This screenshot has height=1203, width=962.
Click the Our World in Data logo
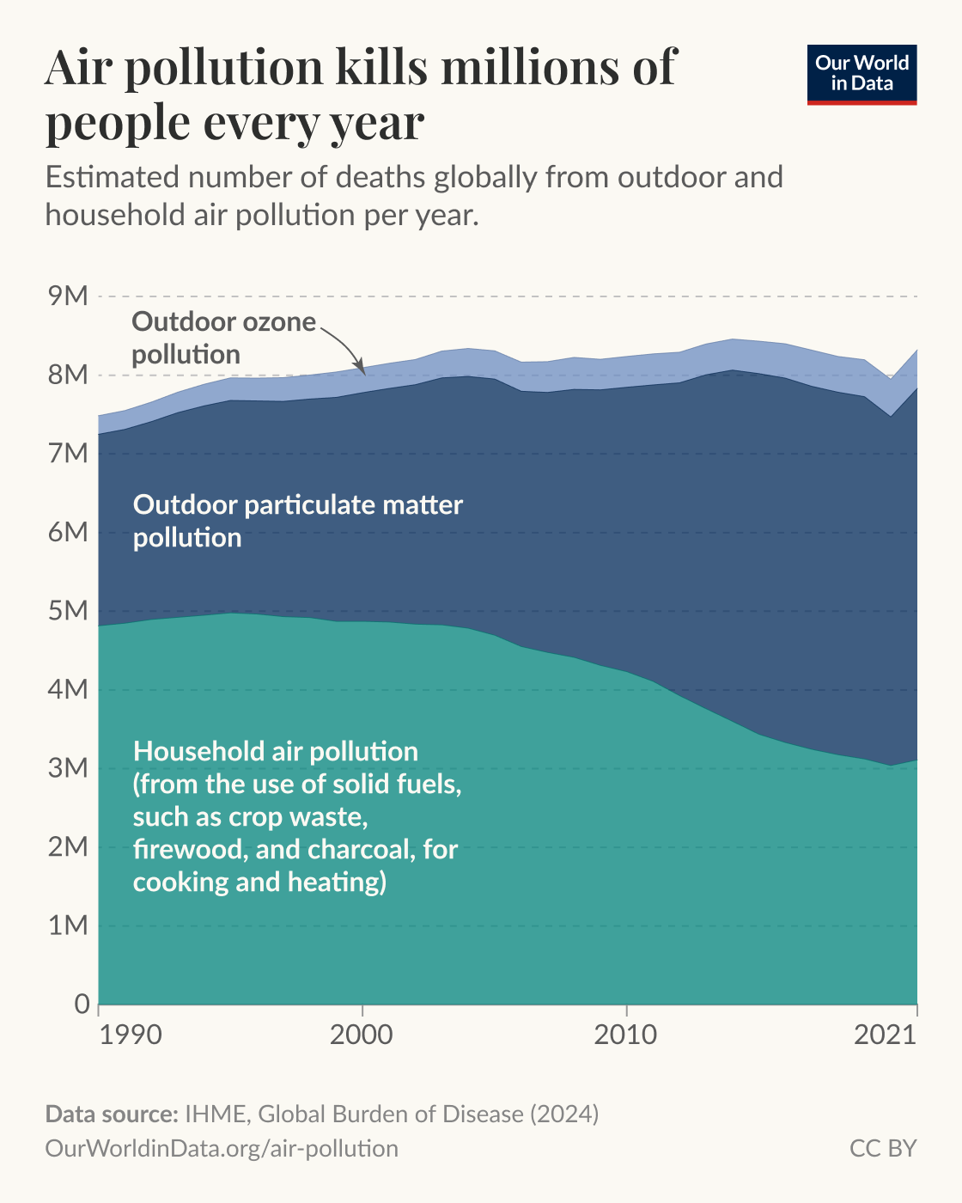point(862,74)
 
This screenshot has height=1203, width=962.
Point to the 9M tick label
point(69,296)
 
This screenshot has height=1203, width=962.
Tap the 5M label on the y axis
point(69,611)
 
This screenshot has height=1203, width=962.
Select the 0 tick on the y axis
point(82,1004)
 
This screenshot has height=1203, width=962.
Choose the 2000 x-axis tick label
point(362,1035)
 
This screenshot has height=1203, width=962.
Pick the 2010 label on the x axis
point(626,1035)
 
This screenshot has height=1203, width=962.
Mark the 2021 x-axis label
point(885,1035)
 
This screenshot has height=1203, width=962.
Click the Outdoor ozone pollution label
point(223,338)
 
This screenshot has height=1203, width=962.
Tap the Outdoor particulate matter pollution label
point(297,521)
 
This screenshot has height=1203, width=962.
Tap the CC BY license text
point(883,1148)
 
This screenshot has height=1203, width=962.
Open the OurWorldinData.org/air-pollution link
point(222,1148)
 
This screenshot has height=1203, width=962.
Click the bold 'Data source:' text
point(111,1114)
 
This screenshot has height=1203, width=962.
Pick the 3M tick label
point(69,768)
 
